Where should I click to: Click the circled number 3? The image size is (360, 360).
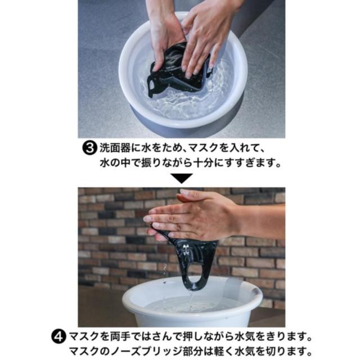pyautogui.click(x=89, y=148)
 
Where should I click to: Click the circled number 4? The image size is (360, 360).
pyautogui.click(x=60, y=337)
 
